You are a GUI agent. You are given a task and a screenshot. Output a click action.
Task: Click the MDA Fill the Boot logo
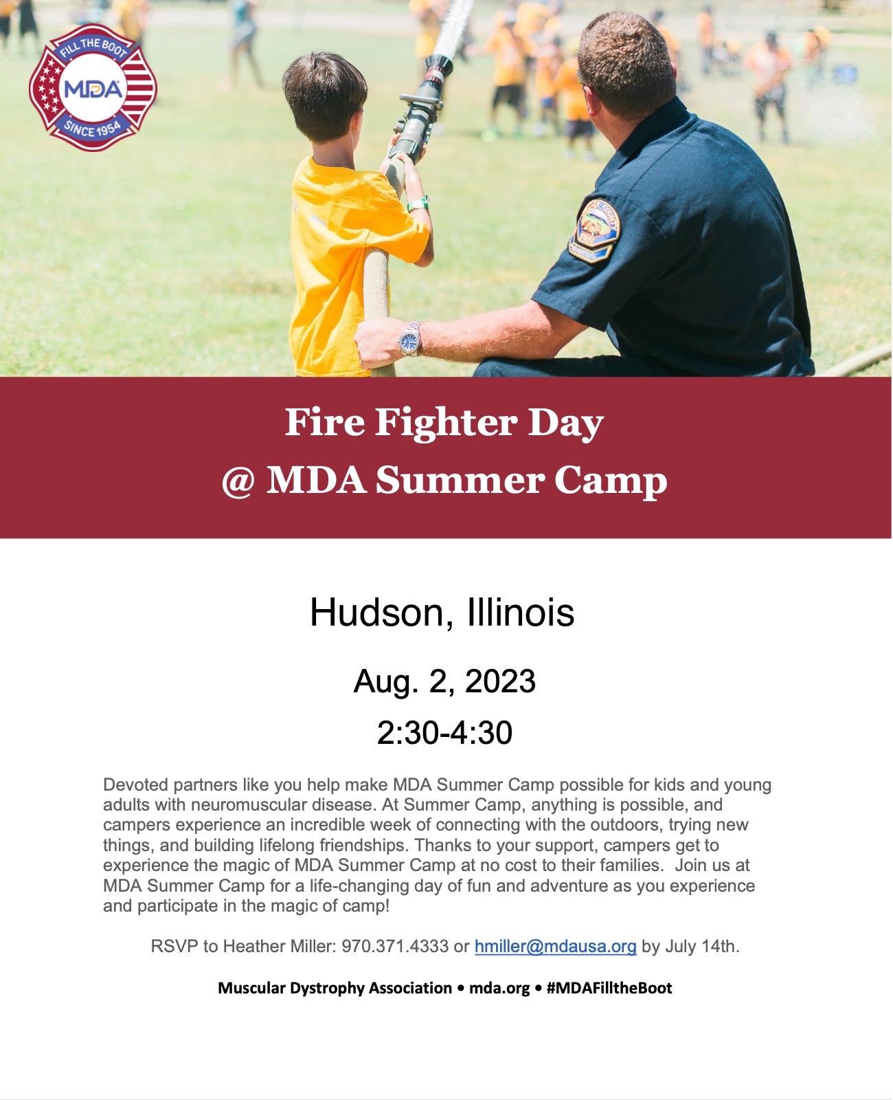click(93, 88)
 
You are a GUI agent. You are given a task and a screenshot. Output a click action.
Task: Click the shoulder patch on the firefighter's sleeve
click(595, 230)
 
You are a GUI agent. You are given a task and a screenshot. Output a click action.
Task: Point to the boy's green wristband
click(418, 203)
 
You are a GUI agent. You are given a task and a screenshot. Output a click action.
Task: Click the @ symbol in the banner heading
click(238, 483)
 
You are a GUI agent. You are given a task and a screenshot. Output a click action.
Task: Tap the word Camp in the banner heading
click(611, 482)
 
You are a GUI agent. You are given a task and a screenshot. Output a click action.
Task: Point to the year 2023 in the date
click(500, 681)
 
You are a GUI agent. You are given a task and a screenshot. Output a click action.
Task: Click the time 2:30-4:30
click(444, 733)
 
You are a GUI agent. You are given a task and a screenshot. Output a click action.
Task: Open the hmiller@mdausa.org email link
click(556, 946)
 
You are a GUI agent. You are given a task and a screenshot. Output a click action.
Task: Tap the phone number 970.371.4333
click(395, 946)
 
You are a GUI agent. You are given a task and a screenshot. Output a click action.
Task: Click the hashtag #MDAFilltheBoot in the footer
click(609, 988)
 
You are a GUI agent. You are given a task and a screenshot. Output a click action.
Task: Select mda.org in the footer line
click(499, 989)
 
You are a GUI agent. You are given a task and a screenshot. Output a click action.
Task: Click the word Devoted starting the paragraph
click(136, 785)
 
